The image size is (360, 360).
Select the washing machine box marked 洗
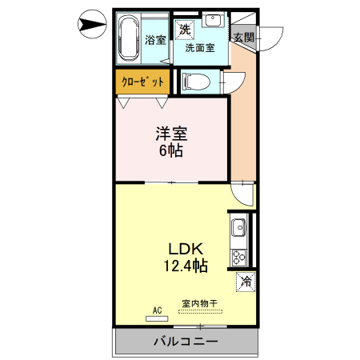click(x=186, y=30)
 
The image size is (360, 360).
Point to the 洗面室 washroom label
click(x=200, y=48)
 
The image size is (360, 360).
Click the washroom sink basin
click(x=213, y=22)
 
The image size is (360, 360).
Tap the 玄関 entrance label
click(x=243, y=37)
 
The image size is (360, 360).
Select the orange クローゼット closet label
click(x=142, y=82)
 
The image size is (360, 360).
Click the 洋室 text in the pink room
click(x=171, y=133)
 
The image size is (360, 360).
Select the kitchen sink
click(x=238, y=230)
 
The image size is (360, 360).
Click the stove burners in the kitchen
click(x=238, y=257)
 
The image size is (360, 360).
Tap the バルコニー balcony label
click(x=186, y=342)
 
